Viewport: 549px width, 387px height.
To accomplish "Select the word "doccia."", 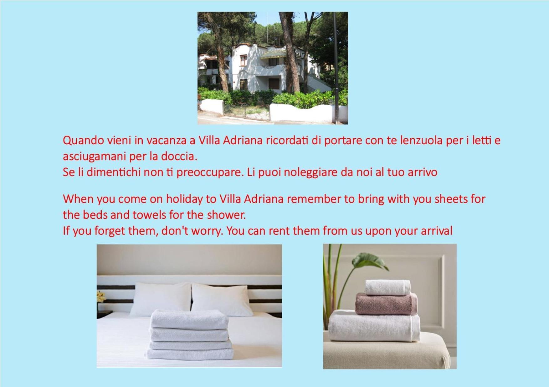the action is (x=179, y=156).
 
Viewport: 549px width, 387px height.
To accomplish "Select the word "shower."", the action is (x=226, y=215).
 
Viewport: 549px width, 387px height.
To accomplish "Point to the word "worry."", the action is (x=207, y=231).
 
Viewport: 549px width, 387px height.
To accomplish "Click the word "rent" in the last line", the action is (x=280, y=231).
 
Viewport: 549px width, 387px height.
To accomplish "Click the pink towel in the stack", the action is (x=386, y=304).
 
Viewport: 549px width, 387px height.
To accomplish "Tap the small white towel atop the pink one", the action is (x=387, y=288).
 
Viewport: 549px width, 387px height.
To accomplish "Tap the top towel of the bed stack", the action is (x=189, y=319).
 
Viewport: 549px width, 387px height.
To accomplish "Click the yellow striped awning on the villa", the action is (x=273, y=54).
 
